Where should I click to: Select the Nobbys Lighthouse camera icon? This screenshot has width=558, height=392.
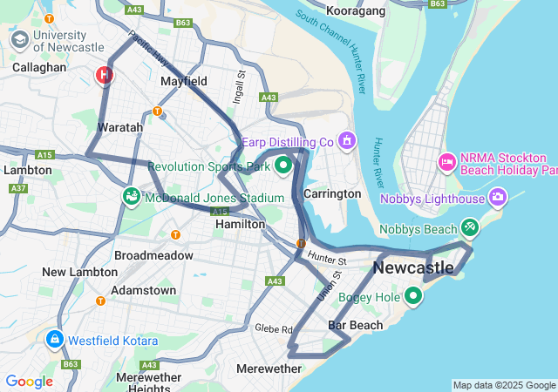coord(499,197)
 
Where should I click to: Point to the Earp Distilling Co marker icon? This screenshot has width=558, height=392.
coord(347,140)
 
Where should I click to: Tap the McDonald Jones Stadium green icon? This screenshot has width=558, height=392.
coord(132,197)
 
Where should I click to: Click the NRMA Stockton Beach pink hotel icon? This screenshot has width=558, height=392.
coord(447,162)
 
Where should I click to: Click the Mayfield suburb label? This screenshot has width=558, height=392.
coord(184,81)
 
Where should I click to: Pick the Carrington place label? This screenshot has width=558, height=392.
coord(332,193)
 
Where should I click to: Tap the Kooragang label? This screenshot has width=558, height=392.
coord(356,10)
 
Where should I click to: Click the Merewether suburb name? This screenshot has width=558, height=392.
coord(269,368)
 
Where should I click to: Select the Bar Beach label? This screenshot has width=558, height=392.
coord(355,325)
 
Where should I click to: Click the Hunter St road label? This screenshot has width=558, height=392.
coord(327,259)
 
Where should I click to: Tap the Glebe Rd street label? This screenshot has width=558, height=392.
coord(274,328)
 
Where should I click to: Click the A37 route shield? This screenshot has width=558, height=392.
coord(17,188)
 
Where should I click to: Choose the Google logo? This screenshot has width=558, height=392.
coord(29,382)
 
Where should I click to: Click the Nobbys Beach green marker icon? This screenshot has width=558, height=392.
coord(470,227)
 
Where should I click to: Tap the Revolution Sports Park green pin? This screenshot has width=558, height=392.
coord(282,165)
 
